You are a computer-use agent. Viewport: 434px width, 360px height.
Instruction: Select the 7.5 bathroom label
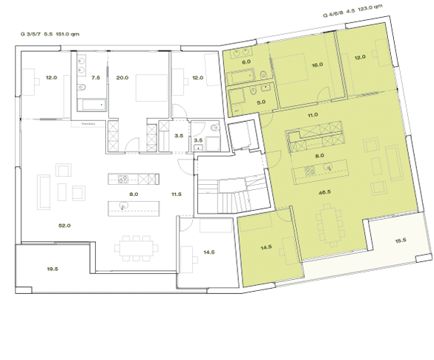coord(95,77)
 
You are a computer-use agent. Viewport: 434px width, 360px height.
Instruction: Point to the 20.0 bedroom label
coord(122,77)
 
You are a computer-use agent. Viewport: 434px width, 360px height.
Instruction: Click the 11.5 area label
coord(176,194)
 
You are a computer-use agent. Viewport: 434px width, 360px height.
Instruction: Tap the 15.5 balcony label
coord(401,240)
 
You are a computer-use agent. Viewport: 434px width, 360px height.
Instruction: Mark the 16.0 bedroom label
coord(318,65)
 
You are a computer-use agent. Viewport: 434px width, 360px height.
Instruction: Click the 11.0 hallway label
coord(313,115)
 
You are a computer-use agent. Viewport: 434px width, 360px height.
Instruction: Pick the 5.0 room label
coord(261,101)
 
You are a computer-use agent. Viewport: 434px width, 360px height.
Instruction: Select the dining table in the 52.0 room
coord(135,246)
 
